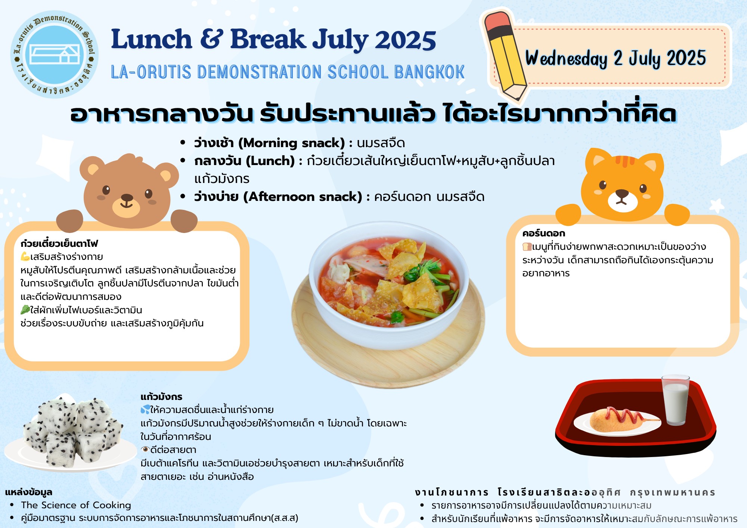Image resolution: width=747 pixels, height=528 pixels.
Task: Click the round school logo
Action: click(55, 55)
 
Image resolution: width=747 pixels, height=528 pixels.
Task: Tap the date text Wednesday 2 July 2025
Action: click(616, 58)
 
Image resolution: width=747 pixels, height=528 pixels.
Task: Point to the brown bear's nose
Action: click(127, 198)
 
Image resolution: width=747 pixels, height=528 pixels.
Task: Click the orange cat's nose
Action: click(622, 193)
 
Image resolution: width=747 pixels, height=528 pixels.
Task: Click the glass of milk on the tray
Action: click(675, 400)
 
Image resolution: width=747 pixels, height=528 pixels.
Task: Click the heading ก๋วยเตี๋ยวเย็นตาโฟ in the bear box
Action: click(59, 244)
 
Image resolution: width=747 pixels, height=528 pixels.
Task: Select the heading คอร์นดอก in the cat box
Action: click(543, 233)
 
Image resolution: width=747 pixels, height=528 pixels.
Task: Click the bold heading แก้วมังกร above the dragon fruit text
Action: click(161, 397)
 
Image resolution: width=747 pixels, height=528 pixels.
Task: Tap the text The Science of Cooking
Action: click(76, 505)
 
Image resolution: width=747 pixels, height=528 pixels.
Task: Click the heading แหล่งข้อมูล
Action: click(29, 492)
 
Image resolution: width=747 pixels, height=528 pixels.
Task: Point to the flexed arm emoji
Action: click(25, 257)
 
